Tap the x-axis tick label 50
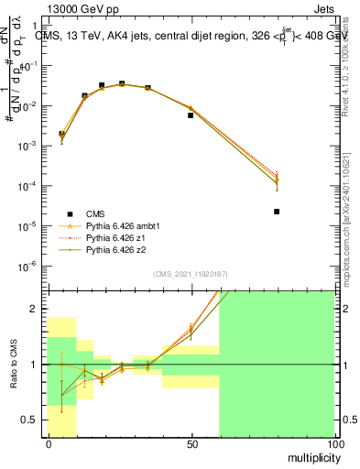(191, 444)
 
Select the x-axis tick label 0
(48, 444)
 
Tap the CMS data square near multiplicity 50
(191, 115)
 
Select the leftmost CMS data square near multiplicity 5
(62, 134)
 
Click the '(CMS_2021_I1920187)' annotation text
(191, 274)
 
